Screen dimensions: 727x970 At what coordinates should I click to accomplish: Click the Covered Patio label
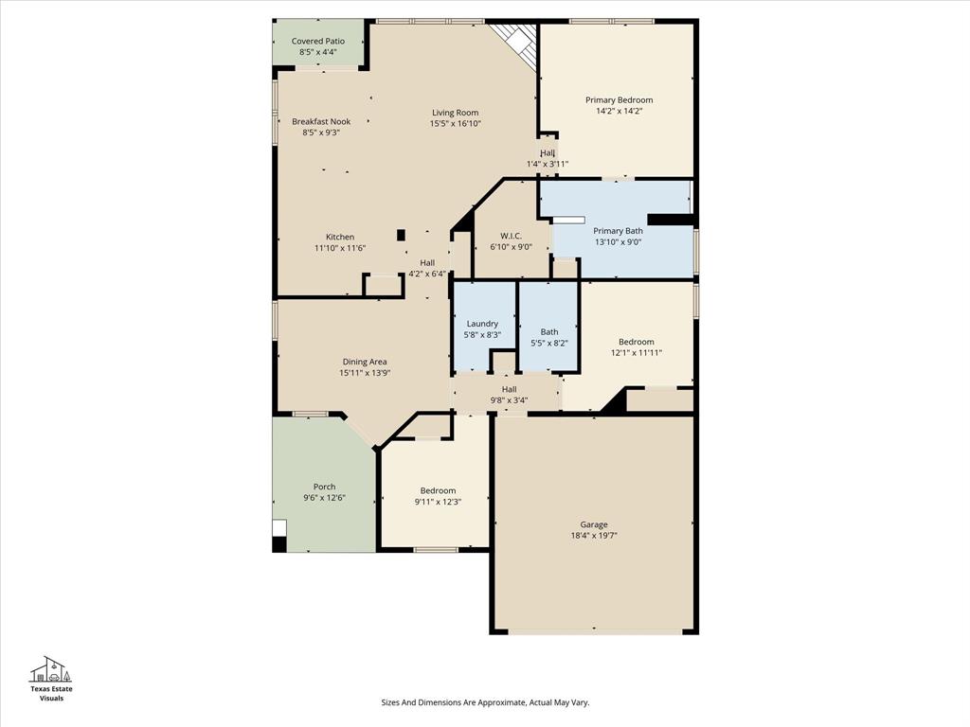tap(317, 42)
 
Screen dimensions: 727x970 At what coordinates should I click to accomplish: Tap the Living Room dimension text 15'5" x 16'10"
tap(456, 124)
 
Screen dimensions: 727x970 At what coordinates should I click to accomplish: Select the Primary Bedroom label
tap(619, 100)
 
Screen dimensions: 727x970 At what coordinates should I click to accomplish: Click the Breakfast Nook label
tap(321, 122)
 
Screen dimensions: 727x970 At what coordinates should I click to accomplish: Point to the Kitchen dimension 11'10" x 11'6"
tap(340, 248)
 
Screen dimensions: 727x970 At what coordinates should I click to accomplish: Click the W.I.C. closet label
tap(511, 236)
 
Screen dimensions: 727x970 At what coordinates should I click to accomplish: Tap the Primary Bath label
tap(618, 231)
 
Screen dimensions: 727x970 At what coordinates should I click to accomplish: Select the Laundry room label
tap(482, 324)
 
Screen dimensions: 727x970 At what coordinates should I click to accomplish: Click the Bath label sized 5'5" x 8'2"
tap(549, 332)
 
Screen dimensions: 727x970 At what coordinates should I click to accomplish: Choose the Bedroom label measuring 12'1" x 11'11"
tap(636, 343)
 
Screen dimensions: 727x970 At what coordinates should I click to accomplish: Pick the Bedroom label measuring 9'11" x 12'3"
tap(438, 490)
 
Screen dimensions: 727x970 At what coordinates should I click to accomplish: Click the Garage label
tap(594, 524)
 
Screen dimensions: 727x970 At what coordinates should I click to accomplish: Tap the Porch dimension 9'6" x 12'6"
tap(324, 498)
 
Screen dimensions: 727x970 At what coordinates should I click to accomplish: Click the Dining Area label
tap(365, 362)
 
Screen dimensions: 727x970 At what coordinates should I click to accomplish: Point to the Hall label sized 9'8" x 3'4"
tap(509, 389)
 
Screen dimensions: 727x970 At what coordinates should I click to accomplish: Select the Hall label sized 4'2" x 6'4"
tap(427, 263)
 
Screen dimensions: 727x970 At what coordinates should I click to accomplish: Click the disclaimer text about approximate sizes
tap(485, 702)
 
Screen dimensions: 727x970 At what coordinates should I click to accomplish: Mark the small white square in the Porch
tap(278, 528)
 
